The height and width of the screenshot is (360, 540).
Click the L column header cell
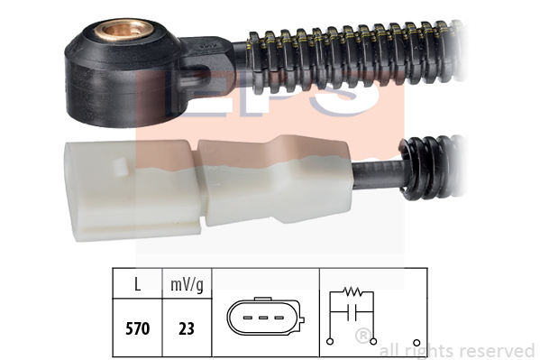(x=137, y=284)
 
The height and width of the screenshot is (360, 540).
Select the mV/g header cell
(x=187, y=284)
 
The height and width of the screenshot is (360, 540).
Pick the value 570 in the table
(x=137, y=328)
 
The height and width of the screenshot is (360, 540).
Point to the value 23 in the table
(x=187, y=328)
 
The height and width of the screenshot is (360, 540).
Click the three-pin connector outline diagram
(x=266, y=317)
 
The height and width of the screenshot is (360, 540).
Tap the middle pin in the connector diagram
(x=263, y=318)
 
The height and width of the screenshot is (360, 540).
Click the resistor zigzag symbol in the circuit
(x=352, y=292)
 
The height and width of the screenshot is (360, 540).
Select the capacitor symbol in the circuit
(x=352, y=312)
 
